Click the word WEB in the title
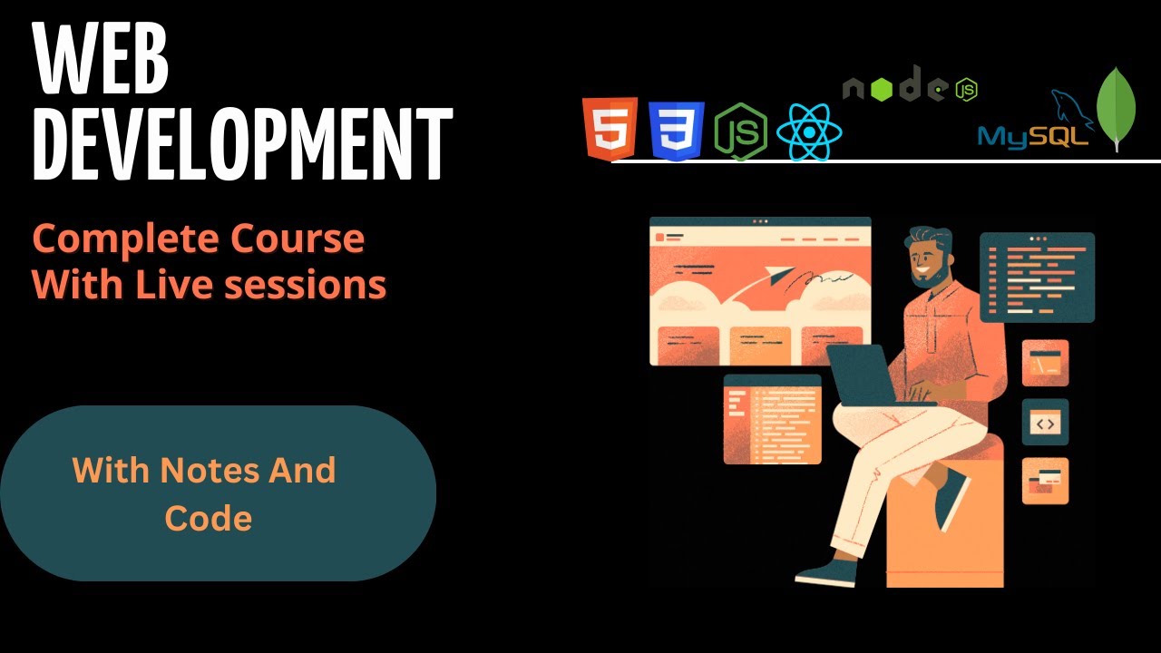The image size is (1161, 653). pyautogui.click(x=102, y=63)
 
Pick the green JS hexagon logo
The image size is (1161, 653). pyautogui.click(x=741, y=132)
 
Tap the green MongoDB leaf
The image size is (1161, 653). pyautogui.click(x=1117, y=109)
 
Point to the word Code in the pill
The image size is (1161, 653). pyautogui.click(x=208, y=518)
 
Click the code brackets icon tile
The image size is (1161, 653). pyautogui.click(x=1045, y=423)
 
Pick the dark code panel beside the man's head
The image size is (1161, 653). pyautogui.click(x=1037, y=278)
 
